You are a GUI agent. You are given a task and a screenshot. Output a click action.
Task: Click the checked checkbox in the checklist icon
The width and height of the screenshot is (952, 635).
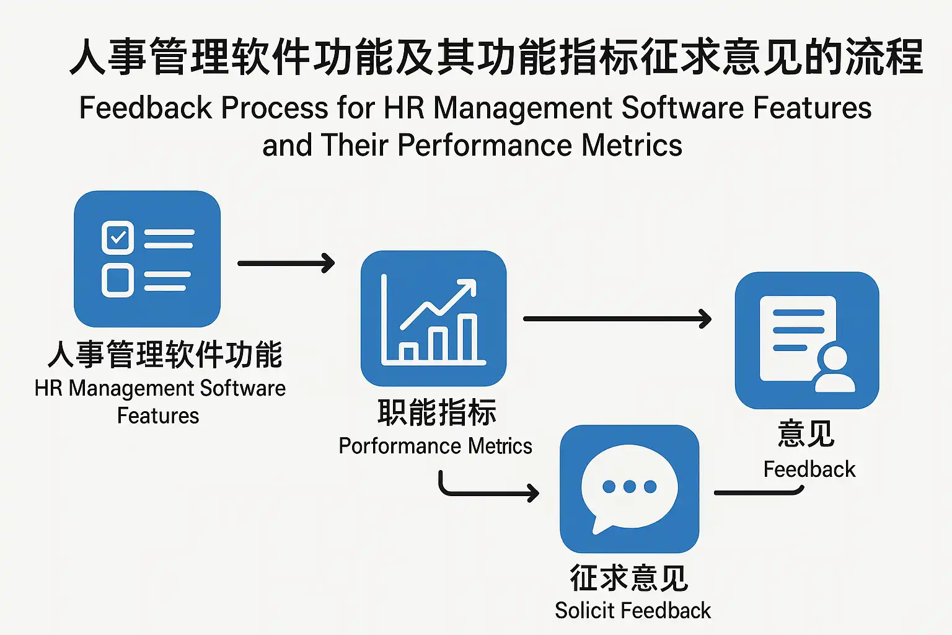click(x=118, y=238)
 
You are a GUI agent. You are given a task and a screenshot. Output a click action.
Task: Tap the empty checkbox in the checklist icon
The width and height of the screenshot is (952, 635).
click(x=118, y=280)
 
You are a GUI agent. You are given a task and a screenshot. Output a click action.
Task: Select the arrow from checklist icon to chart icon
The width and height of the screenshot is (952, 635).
click(x=286, y=263)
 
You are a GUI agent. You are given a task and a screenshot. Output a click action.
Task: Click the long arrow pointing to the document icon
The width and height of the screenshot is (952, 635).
click(x=617, y=319)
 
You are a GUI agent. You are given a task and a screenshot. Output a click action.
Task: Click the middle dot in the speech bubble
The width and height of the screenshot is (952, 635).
click(x=630, y=486)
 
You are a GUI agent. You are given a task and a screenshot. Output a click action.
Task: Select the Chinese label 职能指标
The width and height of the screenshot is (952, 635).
click(x=437, y=412)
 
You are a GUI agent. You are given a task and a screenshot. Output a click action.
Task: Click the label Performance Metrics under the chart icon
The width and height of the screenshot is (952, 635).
click(x=435, y=446)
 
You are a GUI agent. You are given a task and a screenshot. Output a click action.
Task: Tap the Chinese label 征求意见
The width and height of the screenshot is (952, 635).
click(x=629, y=578)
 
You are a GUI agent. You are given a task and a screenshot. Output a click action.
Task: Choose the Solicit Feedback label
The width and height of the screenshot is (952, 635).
click(x=633, y=611)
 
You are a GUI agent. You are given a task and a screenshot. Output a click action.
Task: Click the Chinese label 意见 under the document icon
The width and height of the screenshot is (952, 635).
click(x=806, y=433)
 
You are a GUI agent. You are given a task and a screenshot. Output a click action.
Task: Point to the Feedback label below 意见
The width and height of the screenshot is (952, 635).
click(x=809, y=469)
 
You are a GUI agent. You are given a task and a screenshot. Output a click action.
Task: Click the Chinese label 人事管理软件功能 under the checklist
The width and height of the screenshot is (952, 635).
click(x=165, y=355)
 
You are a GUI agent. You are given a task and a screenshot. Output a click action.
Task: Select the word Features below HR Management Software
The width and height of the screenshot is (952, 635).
click(x=158, y=415)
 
